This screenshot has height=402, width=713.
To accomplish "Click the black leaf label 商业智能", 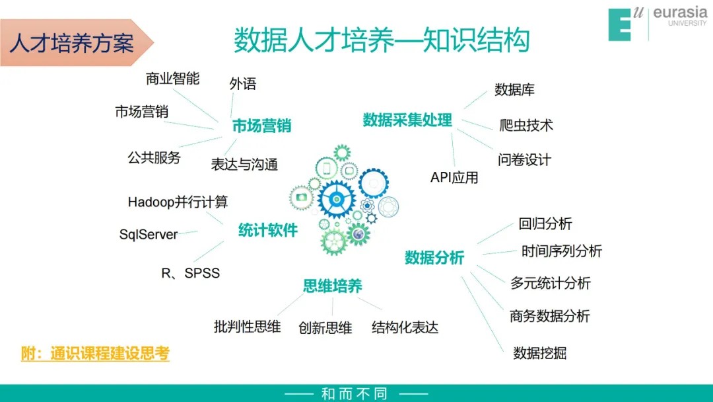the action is tap(172, 79).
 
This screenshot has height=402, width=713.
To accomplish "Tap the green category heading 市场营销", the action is tap(261, 126).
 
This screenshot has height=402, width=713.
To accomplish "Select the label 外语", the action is tap(243, 84).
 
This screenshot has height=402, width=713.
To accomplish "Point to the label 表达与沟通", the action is tap(244, 165).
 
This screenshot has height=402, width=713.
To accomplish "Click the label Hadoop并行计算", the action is tap(178, 202).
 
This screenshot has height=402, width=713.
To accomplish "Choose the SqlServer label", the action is tap(149, 235).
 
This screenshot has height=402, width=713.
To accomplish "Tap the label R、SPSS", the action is tap(191, 273).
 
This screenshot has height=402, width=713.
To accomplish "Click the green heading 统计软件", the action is tap(268, 230).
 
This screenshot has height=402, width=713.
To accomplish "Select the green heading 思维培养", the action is tap(332, 286).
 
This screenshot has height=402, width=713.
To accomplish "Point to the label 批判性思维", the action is tap(247, 327).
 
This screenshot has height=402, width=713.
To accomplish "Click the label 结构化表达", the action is tap(405, 327).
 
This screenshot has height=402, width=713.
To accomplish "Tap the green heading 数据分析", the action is tap(434, 258).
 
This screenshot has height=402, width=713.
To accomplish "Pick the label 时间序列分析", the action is tap(562, 251).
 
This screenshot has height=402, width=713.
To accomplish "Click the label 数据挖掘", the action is tap(540, 353).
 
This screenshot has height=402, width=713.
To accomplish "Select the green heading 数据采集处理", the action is tap(407, 120).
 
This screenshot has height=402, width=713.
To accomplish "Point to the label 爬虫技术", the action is tap(526, 125).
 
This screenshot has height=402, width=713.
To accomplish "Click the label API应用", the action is tap(454, 177).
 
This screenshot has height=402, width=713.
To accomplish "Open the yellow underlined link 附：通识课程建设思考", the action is tap(95, 353).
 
